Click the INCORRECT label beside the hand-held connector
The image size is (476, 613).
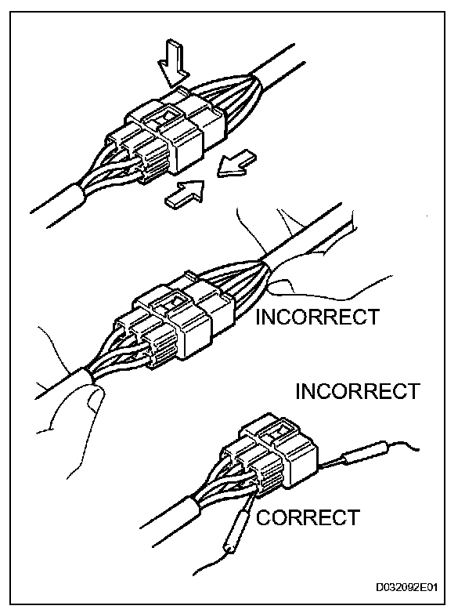click(x=318, y=317)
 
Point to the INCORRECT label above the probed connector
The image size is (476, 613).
click(x=357, y=391)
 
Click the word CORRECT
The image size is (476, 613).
click(x=308, y=517)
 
